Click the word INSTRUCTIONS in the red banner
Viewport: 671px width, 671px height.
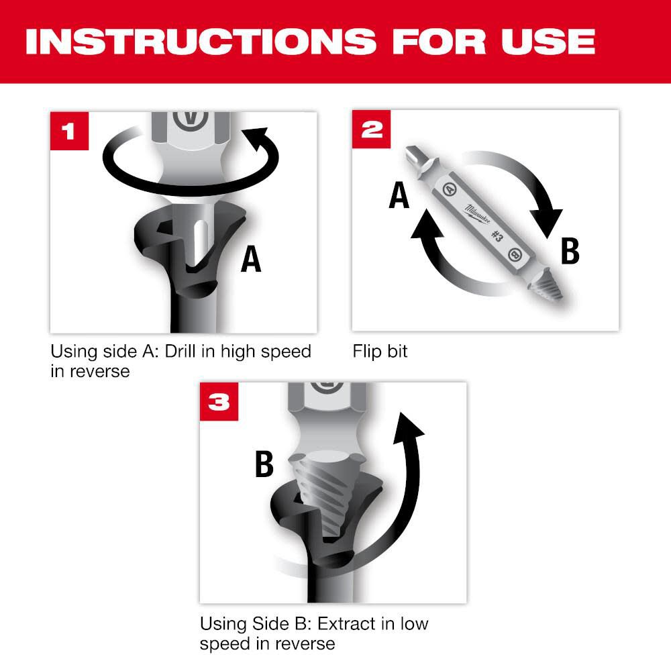click(201, 42)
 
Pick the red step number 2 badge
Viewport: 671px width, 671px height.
click(370, 130)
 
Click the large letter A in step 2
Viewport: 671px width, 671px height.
click(400, 197)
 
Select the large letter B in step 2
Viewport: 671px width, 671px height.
click(569, 252)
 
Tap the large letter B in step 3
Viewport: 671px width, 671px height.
click(264, 464)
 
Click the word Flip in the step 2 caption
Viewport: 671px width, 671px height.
click(366, 352)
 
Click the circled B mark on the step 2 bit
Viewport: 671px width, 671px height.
click(515, 255)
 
